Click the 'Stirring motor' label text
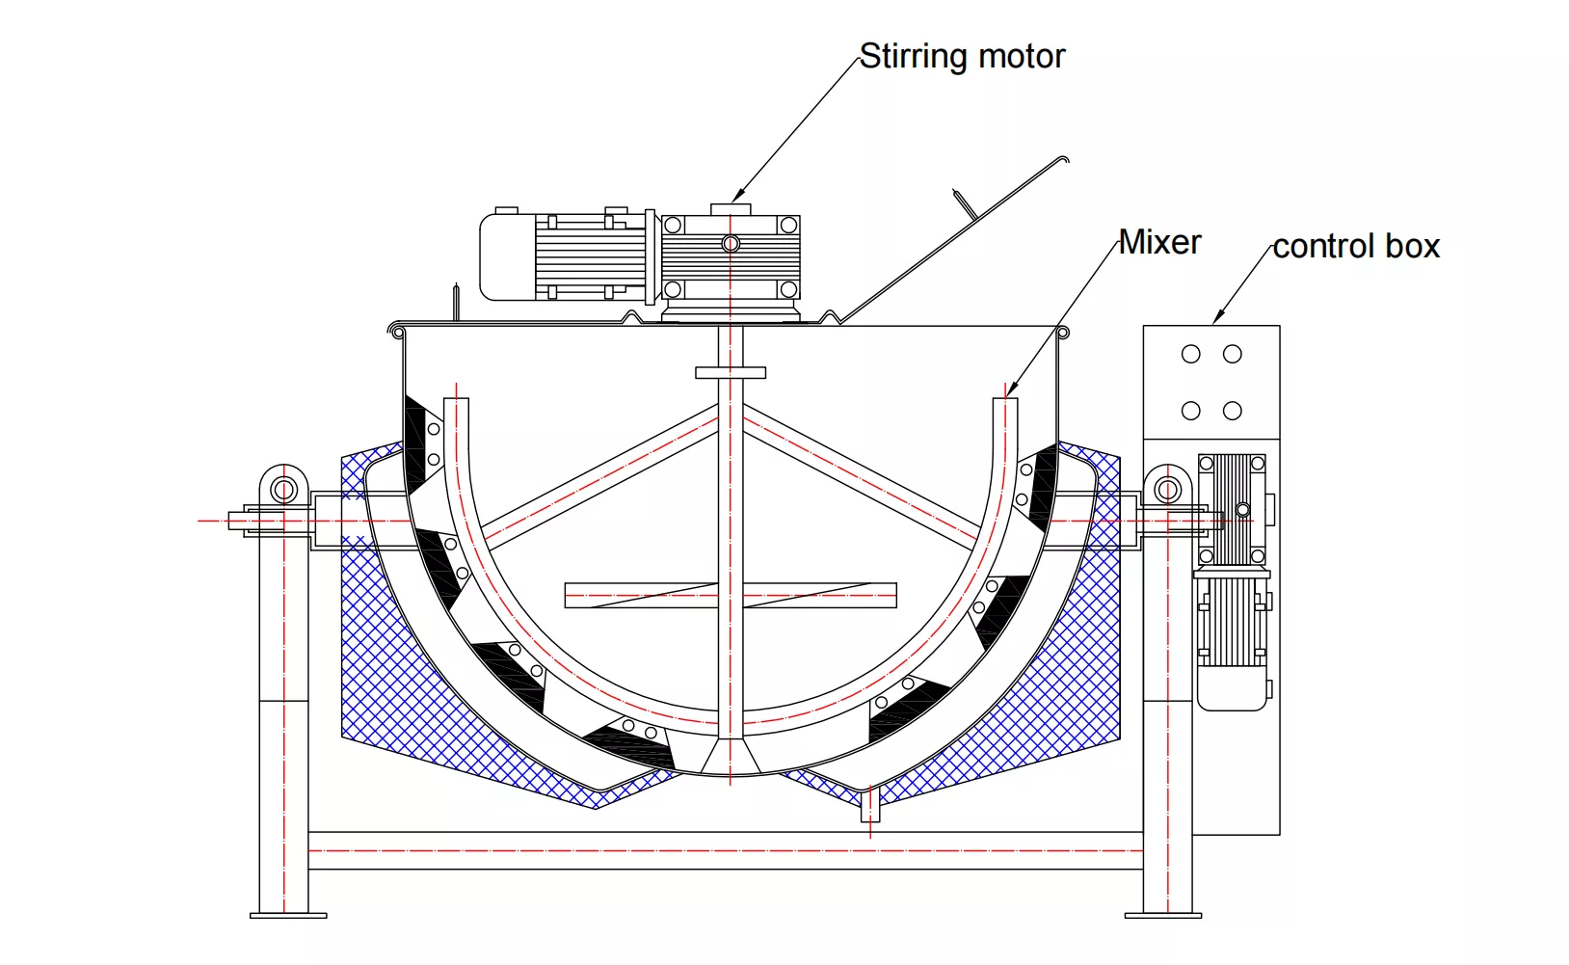click(962, 56)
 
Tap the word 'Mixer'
click(1159, 242)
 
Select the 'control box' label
click(1355, 247)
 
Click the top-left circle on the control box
click(1191, 354)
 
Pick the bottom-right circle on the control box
click(1232, 411)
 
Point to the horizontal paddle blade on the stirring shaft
click(730, 595)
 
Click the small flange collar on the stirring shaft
click(730, 372)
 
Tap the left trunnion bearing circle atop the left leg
click(283, 489)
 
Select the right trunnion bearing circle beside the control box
click(1167, 489)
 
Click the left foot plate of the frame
click(287, 915)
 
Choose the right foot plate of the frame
click(1163, 915)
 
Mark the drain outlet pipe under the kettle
click(870, 805)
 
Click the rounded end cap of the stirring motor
click(495, 256)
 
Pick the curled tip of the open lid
click(1064, 159)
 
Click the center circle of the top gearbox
click(731, 243)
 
